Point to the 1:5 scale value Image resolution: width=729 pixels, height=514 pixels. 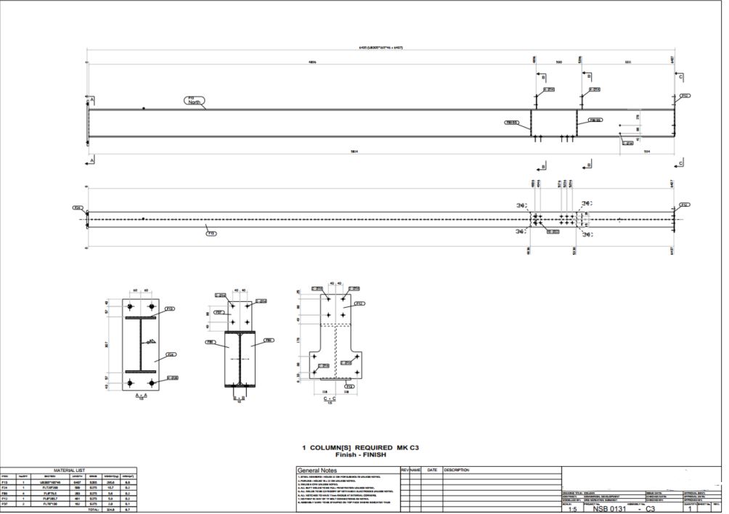pos(573,509)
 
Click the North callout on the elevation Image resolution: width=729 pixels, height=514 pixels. pos(194,101)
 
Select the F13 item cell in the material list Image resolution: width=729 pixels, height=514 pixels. pos(7,482)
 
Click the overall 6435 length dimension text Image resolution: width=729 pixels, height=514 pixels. pos(380,47)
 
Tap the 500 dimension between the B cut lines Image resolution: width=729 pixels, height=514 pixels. pos(559,62)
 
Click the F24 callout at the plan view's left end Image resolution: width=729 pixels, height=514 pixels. pos(77,208)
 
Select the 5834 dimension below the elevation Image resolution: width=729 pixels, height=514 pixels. pos(354,151)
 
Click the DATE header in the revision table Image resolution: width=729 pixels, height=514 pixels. pos(432,470)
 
